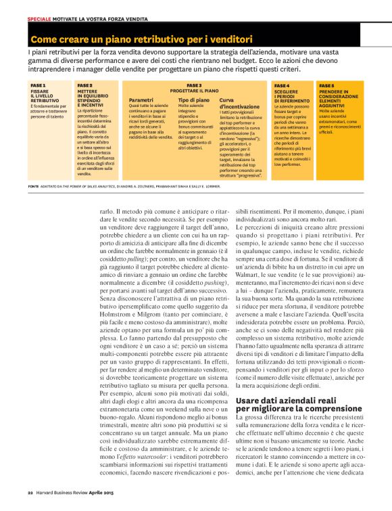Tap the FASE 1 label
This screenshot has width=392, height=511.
point(39,86)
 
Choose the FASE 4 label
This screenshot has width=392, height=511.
point(282,86)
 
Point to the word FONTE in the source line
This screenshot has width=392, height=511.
point(34,185)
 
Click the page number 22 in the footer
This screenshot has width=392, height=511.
point(30,492)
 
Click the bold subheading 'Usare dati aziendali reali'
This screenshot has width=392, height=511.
point(276,401)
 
